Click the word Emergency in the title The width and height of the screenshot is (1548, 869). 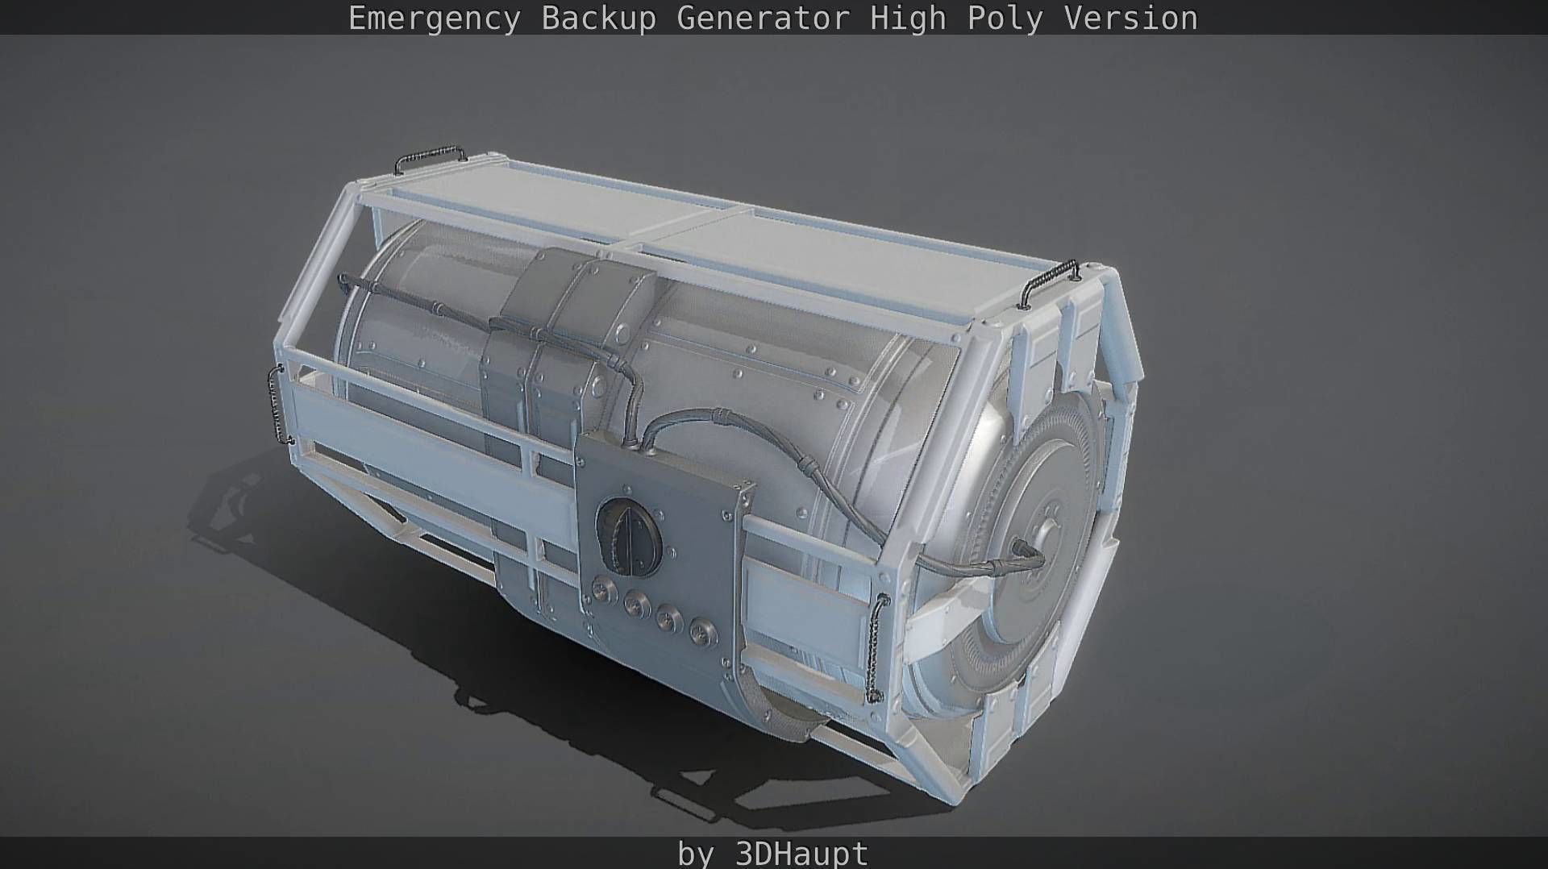point(434,18)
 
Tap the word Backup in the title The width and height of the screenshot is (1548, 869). point(598,18)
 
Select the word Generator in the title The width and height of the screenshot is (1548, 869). point(763,18)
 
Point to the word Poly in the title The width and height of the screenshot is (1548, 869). point(1005,18)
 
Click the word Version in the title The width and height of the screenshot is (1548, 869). point(1130,18)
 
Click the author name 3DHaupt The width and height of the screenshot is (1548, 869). point(801,853)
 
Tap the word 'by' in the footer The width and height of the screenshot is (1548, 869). point(696,853)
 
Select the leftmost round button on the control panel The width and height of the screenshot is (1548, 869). point(601,589)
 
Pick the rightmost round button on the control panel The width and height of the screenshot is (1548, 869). point(703,631)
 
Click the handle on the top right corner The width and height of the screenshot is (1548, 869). point(1047,282)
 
